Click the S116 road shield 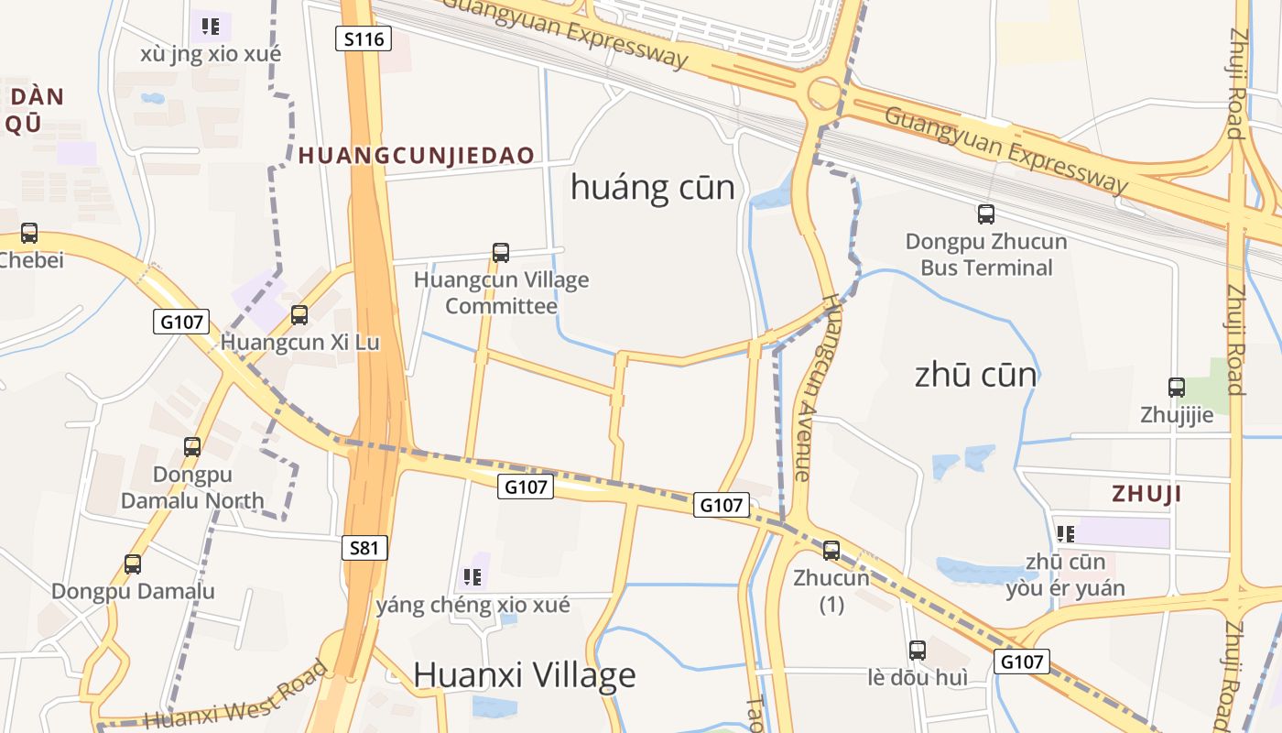[364, 38]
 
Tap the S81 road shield [364, 548]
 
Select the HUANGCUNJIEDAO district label [417, 155]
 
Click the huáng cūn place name [652, 188]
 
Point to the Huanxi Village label [524, 675]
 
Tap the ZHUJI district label [1146, 494]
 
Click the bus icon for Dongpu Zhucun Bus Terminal [986, 214]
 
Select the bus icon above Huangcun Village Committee [501, 252]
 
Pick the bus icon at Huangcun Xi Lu [299, 315]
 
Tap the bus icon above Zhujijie [1177, 388]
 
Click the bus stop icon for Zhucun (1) [831, 551]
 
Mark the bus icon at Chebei [29, 233]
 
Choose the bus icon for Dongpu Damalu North [192, 447]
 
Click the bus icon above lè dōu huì [918, 651]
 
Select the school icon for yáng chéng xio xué [473, 576]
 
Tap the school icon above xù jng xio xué [211, 27]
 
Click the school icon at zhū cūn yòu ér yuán [1065, 533]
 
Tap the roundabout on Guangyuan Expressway [823, 93]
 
